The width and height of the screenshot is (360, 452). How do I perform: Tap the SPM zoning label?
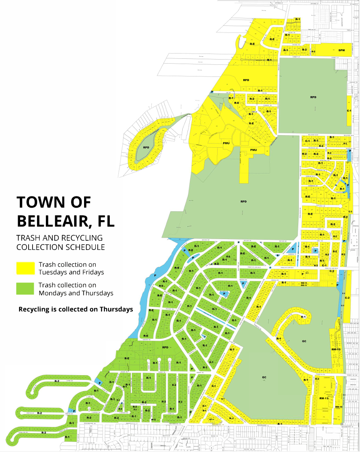[341, 50]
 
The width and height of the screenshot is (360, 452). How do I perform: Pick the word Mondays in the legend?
[53, 293]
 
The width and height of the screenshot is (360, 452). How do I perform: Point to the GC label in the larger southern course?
[264, 377]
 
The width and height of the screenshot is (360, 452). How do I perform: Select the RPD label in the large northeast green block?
[313, 97]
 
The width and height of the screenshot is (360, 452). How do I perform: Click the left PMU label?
[226, 143]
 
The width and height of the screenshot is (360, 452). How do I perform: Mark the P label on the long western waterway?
[155, 276]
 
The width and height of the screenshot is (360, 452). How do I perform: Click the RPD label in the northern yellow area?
[246, 80]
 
